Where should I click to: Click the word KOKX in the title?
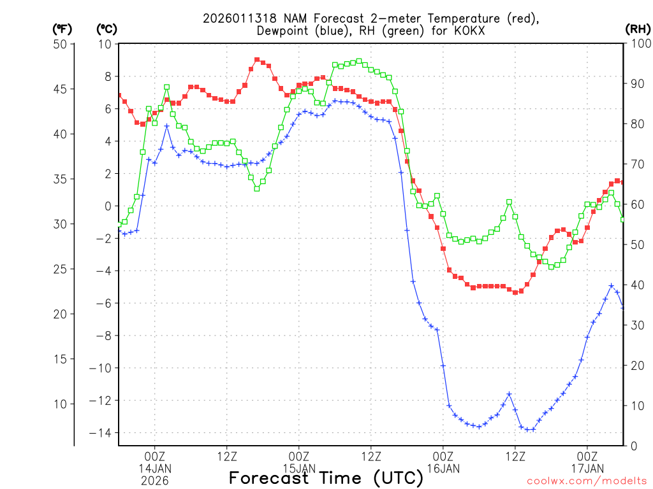coord(462,31)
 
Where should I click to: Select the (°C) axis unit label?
coord(106,29)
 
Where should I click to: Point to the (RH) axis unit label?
coord(638,29)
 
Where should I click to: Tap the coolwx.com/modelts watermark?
coord(587,481)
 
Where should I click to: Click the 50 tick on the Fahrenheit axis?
coord(61,44)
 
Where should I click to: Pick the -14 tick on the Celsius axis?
coord(102,433)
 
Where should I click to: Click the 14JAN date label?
coord(155,469)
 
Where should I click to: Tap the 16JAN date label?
coord(443,469)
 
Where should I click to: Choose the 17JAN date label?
coord(587,469)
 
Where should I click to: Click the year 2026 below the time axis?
coord(155,481)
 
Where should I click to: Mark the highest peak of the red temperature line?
coord(257,59)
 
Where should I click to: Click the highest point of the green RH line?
coord(359,61)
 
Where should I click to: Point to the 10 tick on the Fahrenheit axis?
coord(61,404)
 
